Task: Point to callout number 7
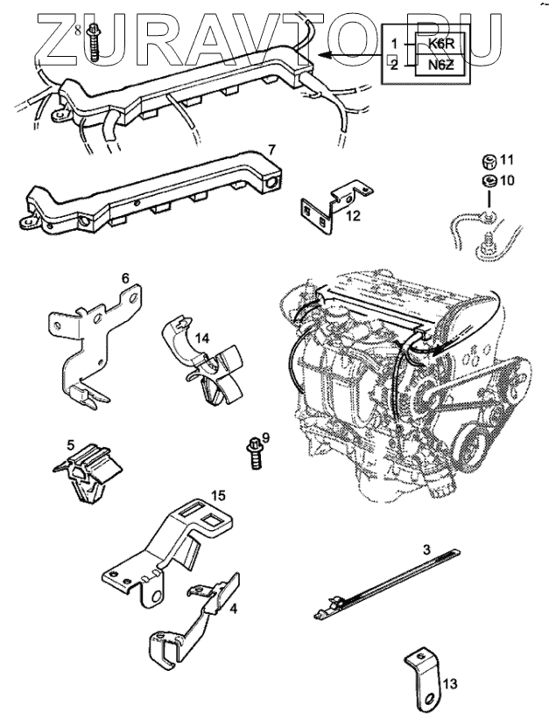(x=271, y=150)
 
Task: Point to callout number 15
(x=220, y=495)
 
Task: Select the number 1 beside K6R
(x=395, y=43)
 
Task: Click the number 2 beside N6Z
(x=395, y=64)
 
